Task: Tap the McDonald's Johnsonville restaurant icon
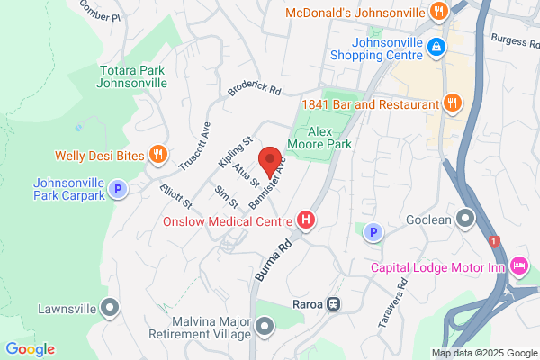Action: point(438,12)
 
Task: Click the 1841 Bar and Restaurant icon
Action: point(453,103)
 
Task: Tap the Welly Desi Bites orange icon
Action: point(158,155)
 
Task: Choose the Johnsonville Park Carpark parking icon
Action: point(118,189)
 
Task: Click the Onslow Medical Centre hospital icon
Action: point(306,220)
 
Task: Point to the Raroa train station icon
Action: point(333,304)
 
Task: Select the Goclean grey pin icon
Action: point(465,218)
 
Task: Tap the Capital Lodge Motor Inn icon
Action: point(518,265)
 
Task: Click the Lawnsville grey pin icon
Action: point(110,308)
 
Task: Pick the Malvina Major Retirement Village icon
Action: point(264,325)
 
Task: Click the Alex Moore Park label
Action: point(318,137)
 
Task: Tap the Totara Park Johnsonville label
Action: point(131,76)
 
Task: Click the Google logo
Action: point(30,349)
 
